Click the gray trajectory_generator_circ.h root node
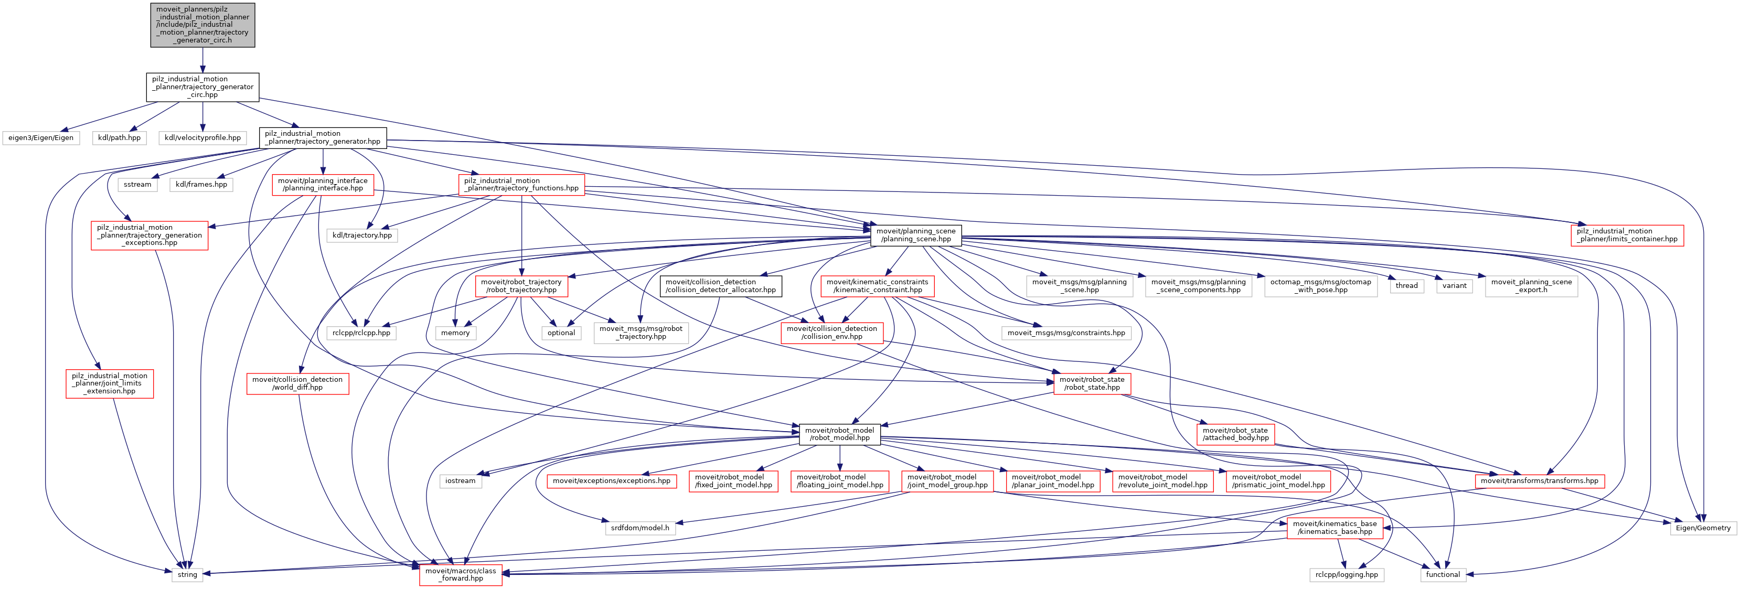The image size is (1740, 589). point(202,25)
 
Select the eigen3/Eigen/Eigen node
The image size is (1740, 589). point(40,138)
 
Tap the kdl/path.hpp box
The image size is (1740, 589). point(119,138)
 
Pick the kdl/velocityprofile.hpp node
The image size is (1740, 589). point(202,138)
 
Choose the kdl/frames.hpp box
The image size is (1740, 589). point(201,185)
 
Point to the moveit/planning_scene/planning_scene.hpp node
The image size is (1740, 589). point(915,235)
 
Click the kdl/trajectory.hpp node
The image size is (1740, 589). point(362,235)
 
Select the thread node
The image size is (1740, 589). point(1406,286)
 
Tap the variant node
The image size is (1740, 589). point(1454,286)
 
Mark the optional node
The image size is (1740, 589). point(561,333)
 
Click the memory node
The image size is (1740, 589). point(455,333)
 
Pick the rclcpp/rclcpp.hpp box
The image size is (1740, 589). point(361,333)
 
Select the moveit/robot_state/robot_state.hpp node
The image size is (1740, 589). point(1092,383)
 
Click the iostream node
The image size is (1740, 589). point(461,481)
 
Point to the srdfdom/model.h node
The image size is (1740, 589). point(639,528)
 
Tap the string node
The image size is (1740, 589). point(187,575)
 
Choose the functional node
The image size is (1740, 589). point(1443,575)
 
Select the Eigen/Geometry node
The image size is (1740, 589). point(1703,528)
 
